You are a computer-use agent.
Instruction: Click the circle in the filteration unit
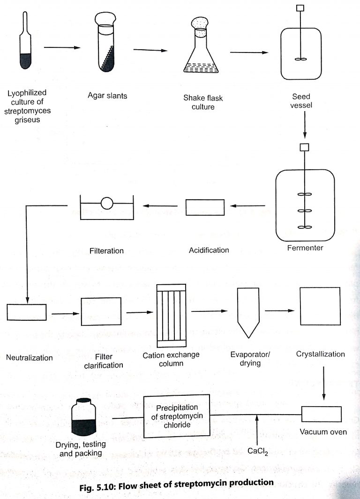tap(106, 203)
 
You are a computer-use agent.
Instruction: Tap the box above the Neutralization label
tap(27, 312)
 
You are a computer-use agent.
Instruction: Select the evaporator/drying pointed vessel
tap(248, 312)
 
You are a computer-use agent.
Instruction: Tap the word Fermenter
tap(305, 247)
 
